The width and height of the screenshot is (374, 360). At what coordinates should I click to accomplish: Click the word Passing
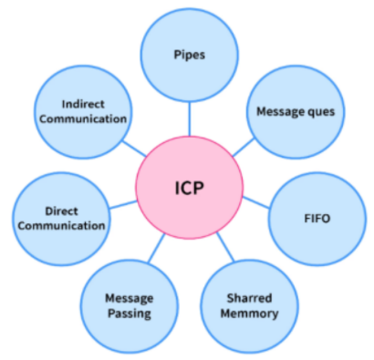[128, 313]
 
